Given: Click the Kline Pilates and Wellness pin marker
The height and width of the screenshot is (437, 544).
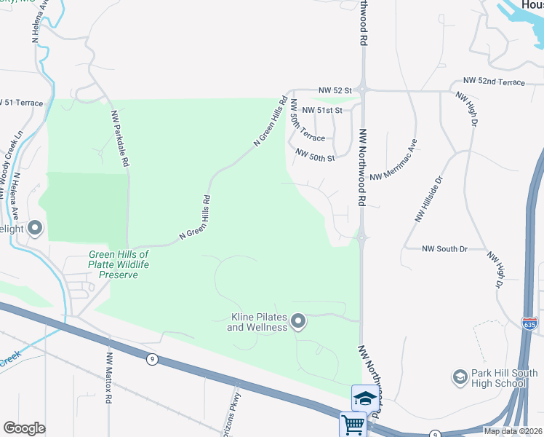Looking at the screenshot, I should tap(298, 321).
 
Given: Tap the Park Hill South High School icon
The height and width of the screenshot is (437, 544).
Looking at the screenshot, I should tap(460, 377).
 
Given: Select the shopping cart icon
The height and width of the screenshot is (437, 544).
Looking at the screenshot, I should tap(353, 424).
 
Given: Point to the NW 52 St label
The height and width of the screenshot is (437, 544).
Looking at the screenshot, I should tap(335, 91).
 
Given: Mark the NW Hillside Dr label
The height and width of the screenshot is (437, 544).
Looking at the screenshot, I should tap(429, 198).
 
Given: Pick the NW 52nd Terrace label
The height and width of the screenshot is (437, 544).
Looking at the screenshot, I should tap(493, 82).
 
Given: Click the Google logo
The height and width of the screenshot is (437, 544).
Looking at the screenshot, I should tap(24, 428).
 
